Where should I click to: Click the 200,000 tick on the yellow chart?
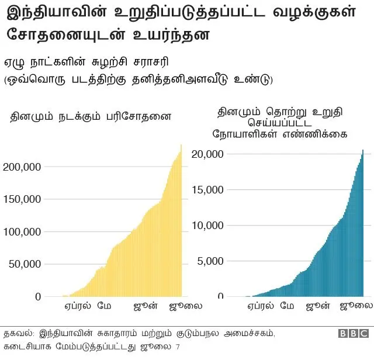click(22, 167)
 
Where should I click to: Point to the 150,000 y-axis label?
click(22, 199)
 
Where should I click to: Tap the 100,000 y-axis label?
click(22, 232)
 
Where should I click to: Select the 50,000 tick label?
click(24, 264)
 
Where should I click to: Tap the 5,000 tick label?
click(210, 261)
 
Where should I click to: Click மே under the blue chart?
click(287, 306)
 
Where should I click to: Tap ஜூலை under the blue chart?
click(356, 306)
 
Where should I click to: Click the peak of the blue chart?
click(362, 151)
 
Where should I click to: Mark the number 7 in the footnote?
click(178, 347)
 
